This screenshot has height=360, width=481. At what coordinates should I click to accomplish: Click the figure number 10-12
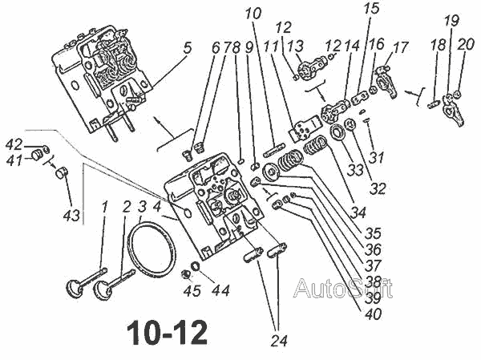tap(167, 332)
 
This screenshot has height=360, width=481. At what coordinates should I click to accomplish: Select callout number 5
tap(187, 48)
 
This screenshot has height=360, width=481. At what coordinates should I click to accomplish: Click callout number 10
tap(253, 14)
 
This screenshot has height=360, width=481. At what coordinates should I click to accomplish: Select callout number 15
tap(370, 10)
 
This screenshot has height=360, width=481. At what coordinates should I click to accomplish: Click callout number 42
tap(14, 144)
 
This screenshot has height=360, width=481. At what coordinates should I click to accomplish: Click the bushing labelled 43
tap(61, 173)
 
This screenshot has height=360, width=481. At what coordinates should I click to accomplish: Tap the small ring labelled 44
tap(195, 267)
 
